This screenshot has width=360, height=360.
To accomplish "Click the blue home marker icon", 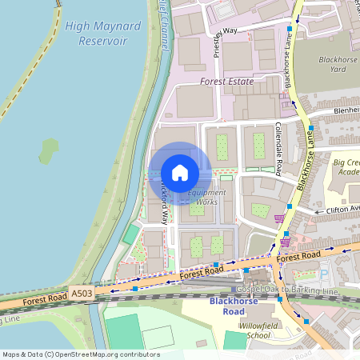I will coord(180,173).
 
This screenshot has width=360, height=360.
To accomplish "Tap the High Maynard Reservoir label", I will coord(103,33).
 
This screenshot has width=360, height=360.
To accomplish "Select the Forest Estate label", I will coord(226,82).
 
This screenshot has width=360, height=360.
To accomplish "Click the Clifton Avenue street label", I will coord(342,210).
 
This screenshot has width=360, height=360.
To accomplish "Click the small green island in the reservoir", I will coord(50,150).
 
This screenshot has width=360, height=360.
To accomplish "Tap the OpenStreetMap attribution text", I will coord(80,354).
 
